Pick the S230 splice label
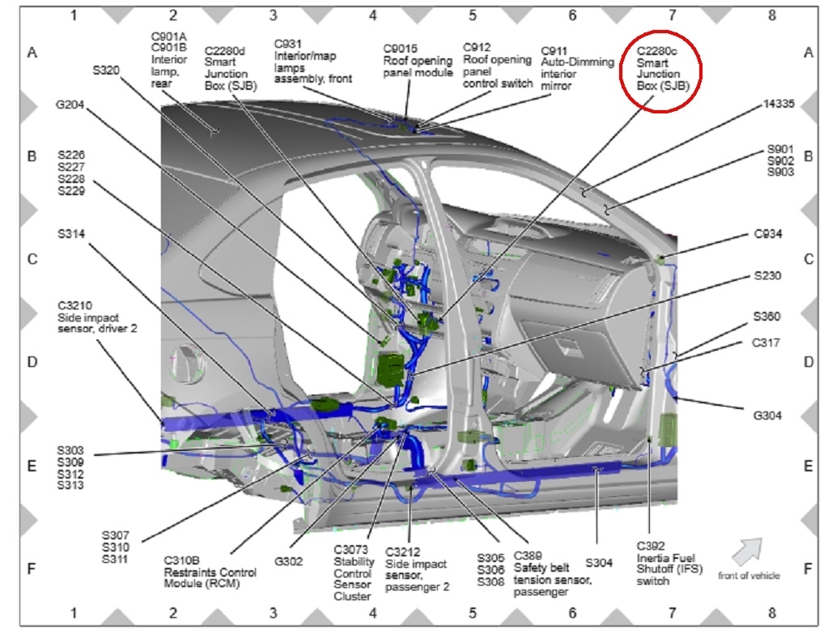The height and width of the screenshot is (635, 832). pyautogui.click(x=766, y=276)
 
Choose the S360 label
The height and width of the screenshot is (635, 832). pyautogui.click(x=766, y=317)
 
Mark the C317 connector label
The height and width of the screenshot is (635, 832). pyautogui.click(x=766, y=343)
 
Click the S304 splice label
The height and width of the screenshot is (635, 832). pyautogui.click(x=599, y=560)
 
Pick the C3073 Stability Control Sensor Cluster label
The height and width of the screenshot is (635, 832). pyautogui.click(x=354, y=573)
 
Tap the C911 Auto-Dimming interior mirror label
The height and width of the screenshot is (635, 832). pyautogui.click(x=577, y=66)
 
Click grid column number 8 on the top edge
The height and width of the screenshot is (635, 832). pyautogui.click(x=771, y=15)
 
